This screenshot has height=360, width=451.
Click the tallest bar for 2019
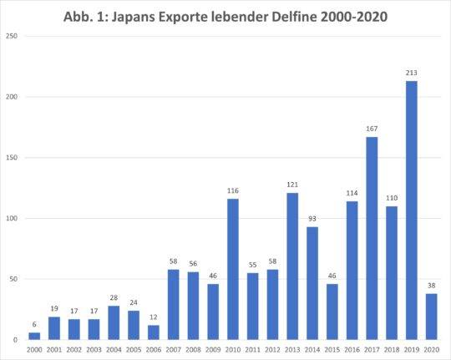click(412, 209)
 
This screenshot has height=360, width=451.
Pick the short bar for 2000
click(34, 336)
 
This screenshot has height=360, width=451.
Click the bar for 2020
click(431, 317)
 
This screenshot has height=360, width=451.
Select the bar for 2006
click(153, 332)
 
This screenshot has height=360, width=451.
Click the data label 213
click(412, 74)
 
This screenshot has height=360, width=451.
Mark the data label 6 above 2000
click(34, 324)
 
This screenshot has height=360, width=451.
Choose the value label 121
click(292, 185)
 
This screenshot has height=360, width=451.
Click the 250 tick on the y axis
click(12, 37)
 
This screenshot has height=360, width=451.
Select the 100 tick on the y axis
click(12, 219)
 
